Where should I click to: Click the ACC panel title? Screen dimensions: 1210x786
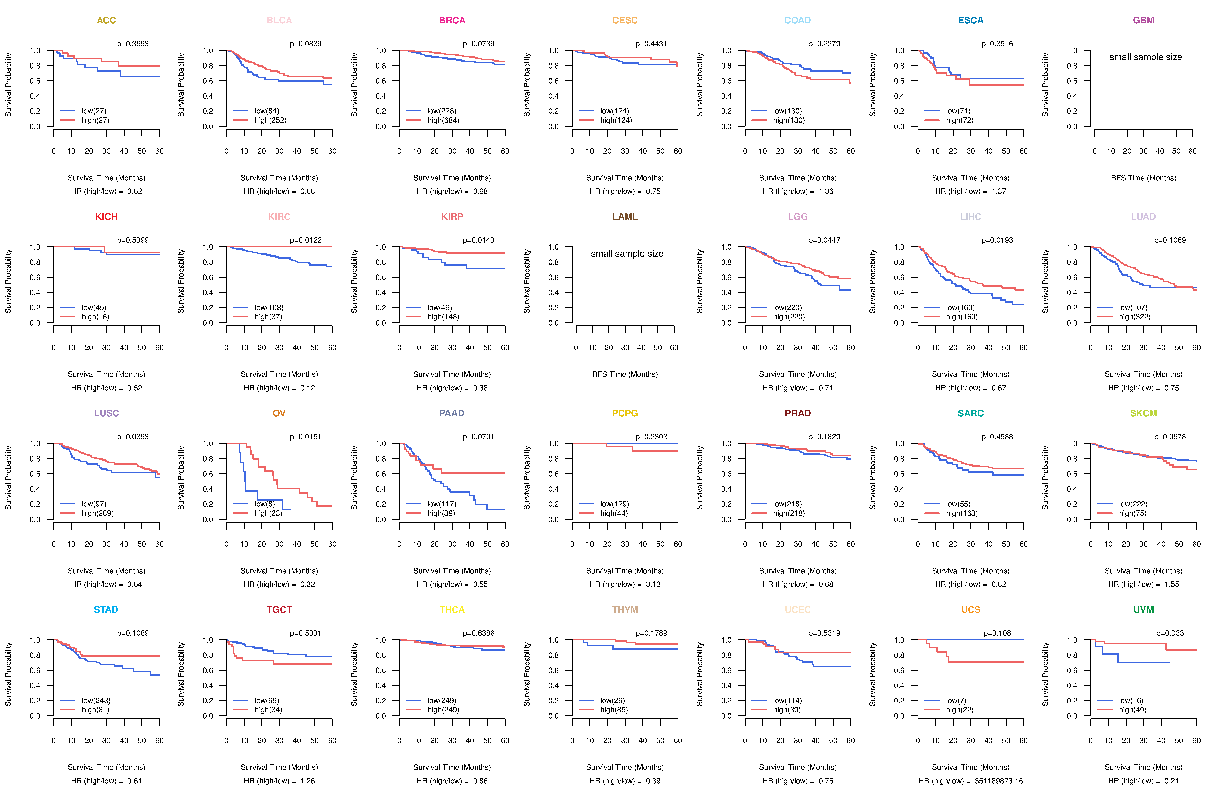click(106, 20)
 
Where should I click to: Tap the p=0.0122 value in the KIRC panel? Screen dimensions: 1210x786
click(306, 240)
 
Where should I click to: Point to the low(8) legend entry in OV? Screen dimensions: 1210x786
click(264, 504)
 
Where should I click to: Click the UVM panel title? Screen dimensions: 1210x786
click(1143, 610)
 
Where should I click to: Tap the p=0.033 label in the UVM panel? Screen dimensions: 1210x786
click(1170, 633)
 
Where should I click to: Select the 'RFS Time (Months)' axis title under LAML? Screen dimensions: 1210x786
click(625, 374)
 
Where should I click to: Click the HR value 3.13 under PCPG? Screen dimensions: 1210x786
click(653, 584)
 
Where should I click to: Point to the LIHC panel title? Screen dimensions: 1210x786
click(971, 217)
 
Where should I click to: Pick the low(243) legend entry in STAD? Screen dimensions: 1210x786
click(96, 701)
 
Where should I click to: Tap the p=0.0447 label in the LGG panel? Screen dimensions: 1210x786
click(824, 240)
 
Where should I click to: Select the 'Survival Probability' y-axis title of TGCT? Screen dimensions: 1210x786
click(181, 674)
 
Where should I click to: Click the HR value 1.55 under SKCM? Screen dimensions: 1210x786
click(1172, 584)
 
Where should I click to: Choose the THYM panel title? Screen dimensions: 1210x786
click(625, 610)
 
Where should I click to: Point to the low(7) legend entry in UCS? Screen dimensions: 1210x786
click(956, 701)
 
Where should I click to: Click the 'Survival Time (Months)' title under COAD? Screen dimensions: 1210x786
click(798, 178)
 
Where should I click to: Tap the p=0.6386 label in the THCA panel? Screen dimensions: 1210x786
click(478, 633)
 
